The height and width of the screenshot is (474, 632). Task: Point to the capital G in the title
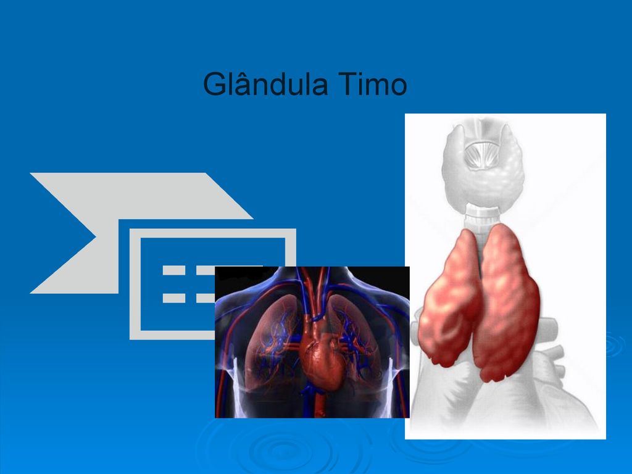point(214,84)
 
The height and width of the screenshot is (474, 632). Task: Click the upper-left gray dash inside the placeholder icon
point(173,270)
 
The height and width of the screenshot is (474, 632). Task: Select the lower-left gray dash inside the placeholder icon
point(173,298)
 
